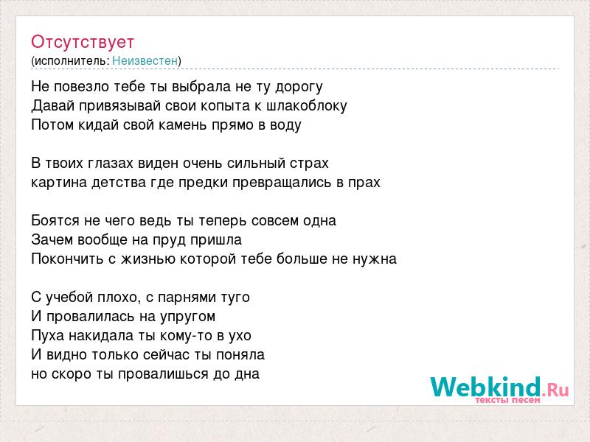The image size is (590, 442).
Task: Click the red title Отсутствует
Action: click(83, 42)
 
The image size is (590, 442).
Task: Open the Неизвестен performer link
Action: click(145, 60)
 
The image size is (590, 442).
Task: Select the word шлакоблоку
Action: click(306, 105)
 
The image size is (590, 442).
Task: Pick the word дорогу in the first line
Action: click(299, 87)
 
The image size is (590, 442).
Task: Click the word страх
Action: click(309, 164)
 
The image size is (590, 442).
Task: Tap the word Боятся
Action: click(55, 220)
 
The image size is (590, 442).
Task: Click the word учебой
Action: click(69, 298)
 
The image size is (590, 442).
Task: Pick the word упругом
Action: click(187, 317)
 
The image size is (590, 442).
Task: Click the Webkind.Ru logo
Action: click(499, 388)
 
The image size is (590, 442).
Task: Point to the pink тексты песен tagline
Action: click(507, 400)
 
